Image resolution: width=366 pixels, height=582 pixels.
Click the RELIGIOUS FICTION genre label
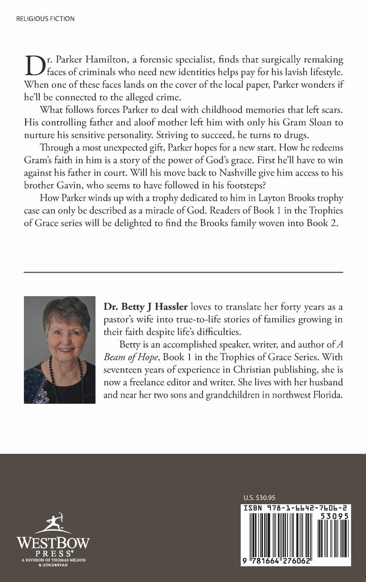[x=45, y=19]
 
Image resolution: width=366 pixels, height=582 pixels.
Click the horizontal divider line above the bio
[x=183, y=272]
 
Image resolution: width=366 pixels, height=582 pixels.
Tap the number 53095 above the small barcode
[x=334, y=516]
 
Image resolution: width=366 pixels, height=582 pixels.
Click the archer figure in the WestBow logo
[x=52, y=522]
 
